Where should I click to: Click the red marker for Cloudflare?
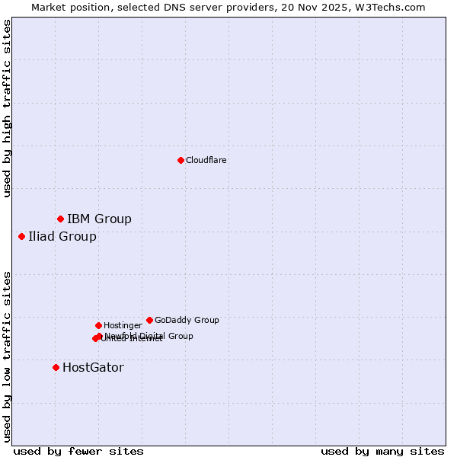click(x=181, y=160)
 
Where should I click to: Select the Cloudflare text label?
click(x=206, y=160)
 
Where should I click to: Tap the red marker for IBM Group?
click(x=60, y=219)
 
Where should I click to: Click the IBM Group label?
click(x=99, y=219)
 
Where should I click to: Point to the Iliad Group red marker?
click(x=21, y=236)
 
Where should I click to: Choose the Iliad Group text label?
click(x=62, y=237)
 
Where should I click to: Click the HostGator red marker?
click(x=56, y=367)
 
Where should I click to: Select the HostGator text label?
click(x=93, y=368)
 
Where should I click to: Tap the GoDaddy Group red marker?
click(x=149, y=320)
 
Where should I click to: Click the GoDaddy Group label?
click(x=187, y=320)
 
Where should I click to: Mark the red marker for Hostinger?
click(x=98, y=325)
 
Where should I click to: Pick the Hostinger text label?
click(x=123, y=325)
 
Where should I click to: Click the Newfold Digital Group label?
click(x=150, y=335)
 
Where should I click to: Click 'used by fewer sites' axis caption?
click(x=78, y=451)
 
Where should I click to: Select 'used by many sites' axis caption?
click(x=382, y=451)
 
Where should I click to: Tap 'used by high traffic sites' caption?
click(x=8, y=108)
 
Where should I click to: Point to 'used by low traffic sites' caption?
click(x=8, y=356)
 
